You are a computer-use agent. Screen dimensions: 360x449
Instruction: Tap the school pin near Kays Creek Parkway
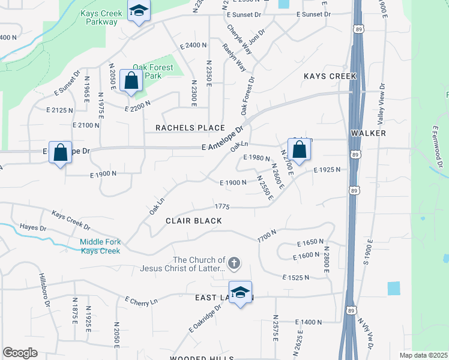pos(139,12)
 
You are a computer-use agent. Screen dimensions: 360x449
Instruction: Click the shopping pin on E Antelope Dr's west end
pos(60,152)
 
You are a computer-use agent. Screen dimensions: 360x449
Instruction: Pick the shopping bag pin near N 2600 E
pos(298,150)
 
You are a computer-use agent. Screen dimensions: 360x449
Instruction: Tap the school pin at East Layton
pos(240,293)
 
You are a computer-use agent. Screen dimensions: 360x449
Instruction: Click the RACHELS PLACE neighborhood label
pos(190,128)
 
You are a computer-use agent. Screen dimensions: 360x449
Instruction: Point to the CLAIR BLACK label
pos(194,221)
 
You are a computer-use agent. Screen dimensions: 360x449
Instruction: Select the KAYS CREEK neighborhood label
pos(330,76)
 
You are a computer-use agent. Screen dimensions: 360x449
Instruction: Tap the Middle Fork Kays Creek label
pos(101,246)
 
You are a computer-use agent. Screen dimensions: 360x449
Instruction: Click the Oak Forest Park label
pos(152,71)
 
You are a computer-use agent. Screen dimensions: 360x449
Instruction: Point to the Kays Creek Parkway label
pos(98,17)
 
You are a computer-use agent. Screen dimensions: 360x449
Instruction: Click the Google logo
pos(20,353)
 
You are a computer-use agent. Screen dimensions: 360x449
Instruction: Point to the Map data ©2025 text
pos(423,355)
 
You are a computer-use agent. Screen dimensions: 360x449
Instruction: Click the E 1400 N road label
pos(310,322)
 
